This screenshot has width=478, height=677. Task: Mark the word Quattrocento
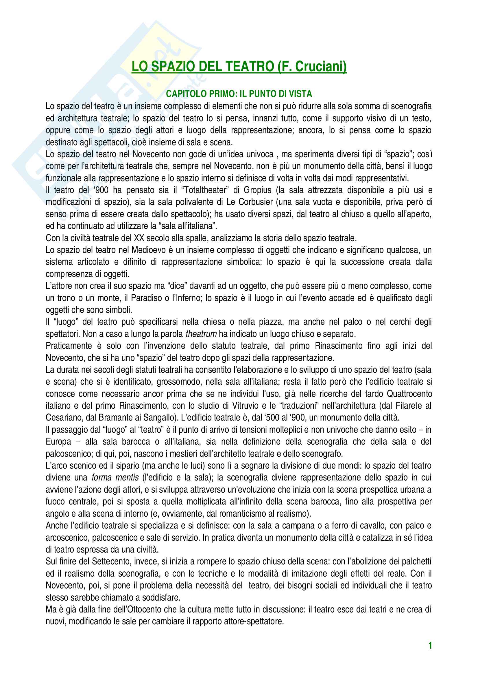[x=409, y=394]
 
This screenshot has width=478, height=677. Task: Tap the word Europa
[x=58, y=442]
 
